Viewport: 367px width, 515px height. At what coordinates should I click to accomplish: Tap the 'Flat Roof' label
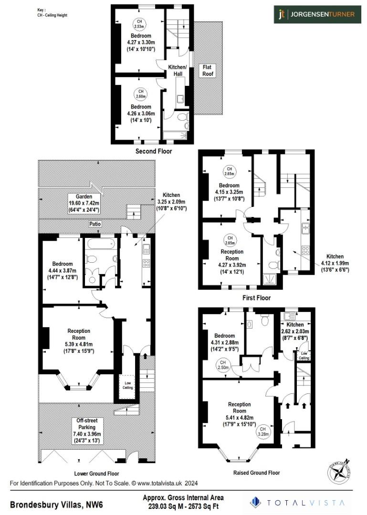click(x=208, y=70)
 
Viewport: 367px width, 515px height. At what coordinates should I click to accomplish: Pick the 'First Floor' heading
click(x=257, y=298)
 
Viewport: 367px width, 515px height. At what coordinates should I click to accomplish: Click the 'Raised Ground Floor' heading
click(x=256, y=473)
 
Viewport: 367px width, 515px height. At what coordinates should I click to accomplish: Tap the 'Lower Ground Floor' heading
click(x=96, y=474)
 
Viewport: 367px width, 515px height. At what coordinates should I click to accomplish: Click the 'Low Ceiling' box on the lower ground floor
click(x=128, y=385)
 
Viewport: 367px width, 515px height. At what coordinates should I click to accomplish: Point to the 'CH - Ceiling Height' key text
click(x=52, y=15)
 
